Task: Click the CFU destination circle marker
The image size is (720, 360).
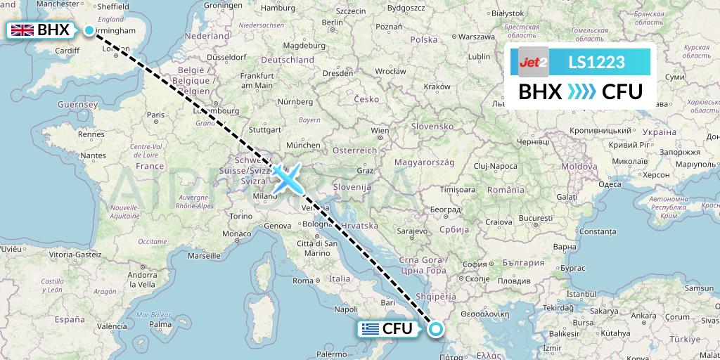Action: tap(436, 328)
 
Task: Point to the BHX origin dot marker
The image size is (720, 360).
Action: tap(89, 30)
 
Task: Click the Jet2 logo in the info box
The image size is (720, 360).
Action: tap(533, 63)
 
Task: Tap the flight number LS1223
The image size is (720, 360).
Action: tap(596, 63)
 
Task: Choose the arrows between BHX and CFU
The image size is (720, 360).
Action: tap(581, 91)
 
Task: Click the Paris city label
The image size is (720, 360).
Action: tap(155, 115)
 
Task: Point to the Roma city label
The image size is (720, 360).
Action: tap(303, 281)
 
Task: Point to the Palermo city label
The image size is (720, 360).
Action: tap(333, 354)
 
